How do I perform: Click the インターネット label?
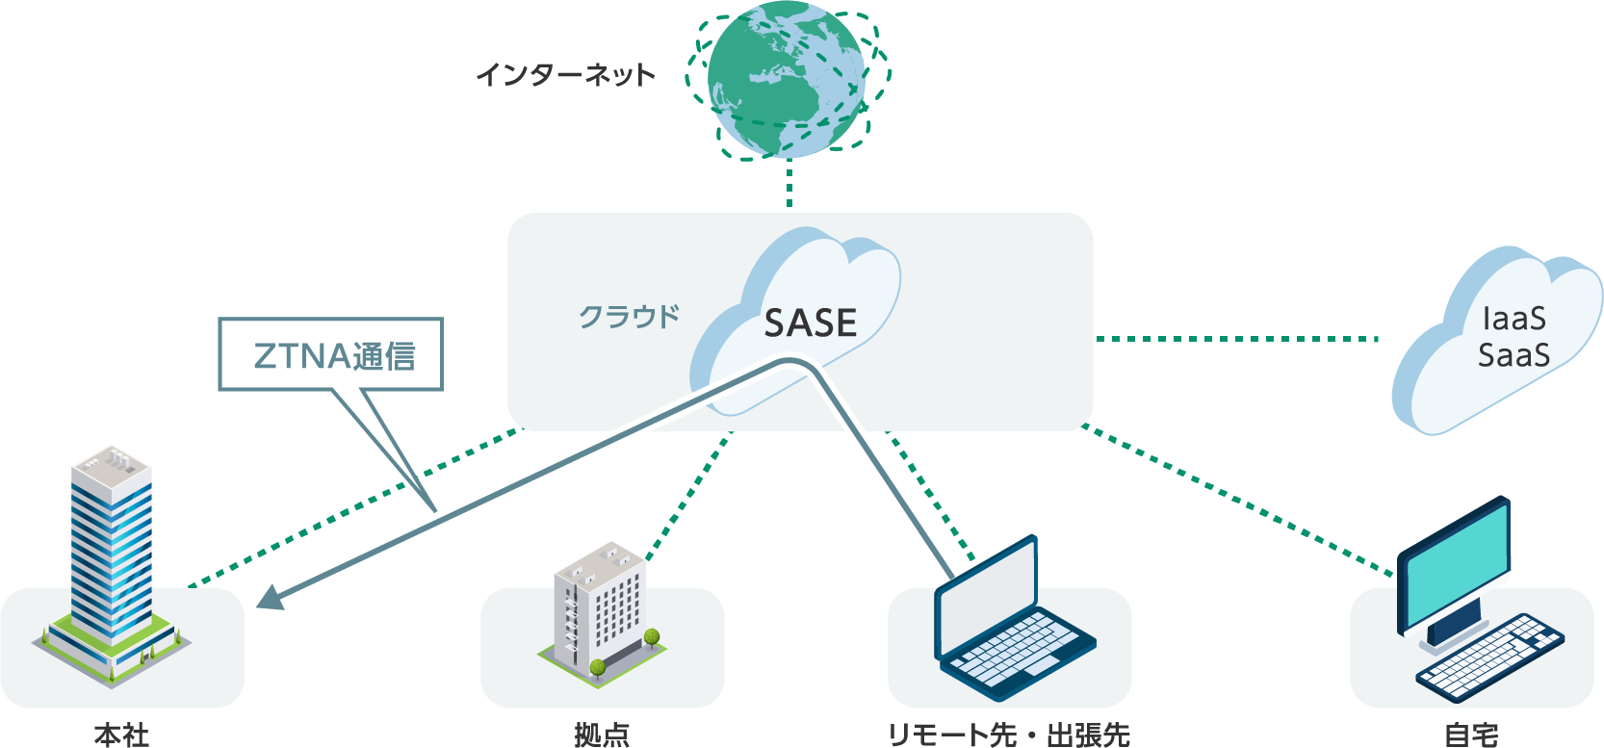click(565, 75)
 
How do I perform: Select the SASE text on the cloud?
click(810, 323)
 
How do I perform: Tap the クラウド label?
click(629, 317)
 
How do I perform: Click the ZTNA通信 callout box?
click(331, 355)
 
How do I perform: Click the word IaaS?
click(1513, 319)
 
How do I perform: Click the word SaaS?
click(1513, 355)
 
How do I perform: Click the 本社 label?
click(121, 735)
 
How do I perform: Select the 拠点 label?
click(602, 735)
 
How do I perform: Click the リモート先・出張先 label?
click(1008, 735)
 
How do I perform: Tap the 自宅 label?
click(1471, 735)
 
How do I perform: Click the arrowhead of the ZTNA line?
click(271, 599)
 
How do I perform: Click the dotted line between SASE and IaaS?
click(1237, 339)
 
